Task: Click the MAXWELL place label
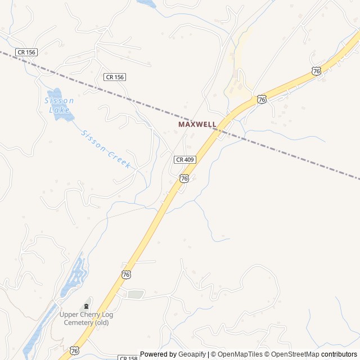click(x=197, y=124)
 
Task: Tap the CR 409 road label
click(x=184, y=160)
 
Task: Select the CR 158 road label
click(x=128, y=357)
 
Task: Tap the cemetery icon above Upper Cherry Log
click(x=86, y=305)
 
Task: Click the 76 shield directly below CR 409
click(x=184, y=178)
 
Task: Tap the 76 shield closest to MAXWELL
click(x=262, y=100)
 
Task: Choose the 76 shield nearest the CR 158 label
click(x=75, y=350)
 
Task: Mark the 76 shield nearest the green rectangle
click(x=125, y=274)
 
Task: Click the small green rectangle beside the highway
click(x=135, y=294)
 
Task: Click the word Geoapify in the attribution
click(x=192, y=354)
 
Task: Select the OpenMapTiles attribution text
click(x=239, y=354)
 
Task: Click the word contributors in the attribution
click(x=339, y=354)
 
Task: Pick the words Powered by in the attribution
click(x=158, y=354)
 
